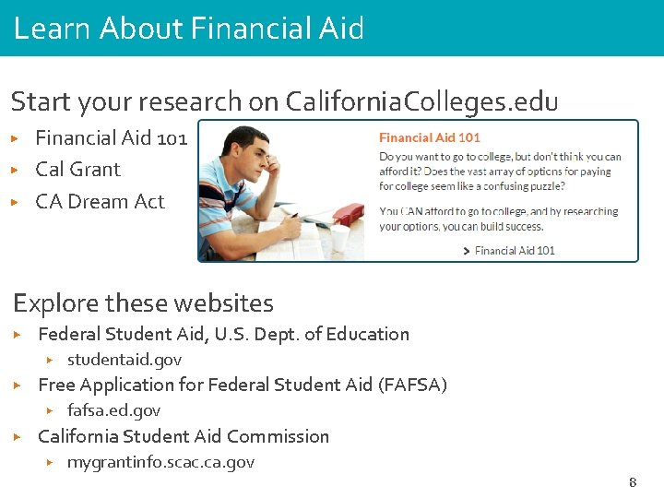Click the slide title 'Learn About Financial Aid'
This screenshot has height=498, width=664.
189,29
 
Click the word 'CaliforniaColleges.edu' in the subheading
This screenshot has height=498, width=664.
421,101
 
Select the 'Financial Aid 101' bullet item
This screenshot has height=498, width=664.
111,138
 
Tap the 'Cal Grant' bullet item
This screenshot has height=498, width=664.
77,170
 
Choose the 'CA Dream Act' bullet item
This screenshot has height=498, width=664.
100,201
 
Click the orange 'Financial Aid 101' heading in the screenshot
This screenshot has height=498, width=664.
430,137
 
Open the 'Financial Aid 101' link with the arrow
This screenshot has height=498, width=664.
513,250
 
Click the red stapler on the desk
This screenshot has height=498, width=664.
348,215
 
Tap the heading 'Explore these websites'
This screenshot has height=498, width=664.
143,302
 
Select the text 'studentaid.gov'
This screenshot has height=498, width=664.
125,360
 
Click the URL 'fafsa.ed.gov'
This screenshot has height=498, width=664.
113,410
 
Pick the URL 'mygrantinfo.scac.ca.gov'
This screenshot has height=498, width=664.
160,462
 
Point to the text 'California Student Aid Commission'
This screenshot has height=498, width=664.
184,436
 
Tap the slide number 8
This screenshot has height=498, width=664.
633,482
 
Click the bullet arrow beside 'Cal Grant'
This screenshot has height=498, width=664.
15,170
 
